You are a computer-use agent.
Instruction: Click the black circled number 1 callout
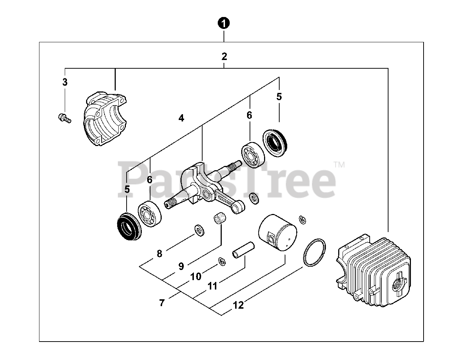(224, 23)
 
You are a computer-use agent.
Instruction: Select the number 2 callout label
(224, 56)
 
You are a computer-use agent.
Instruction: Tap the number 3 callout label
(65, 82)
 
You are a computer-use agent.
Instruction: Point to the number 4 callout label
(181, 118)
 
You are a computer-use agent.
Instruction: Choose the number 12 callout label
(238, 305)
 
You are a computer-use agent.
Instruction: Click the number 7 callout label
(162, 303)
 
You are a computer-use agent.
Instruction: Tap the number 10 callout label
(195, 277)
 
